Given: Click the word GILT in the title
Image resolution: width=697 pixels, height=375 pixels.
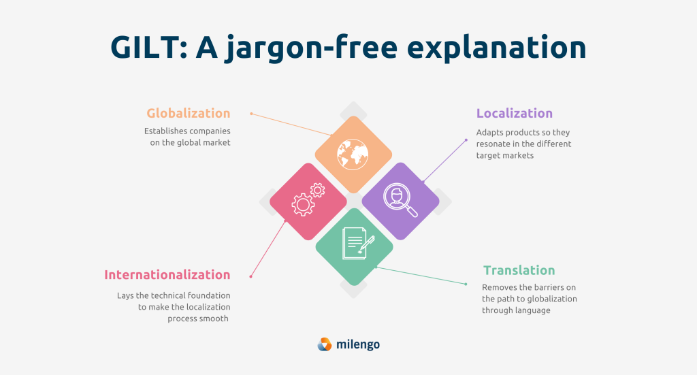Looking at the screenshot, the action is pos(145,47).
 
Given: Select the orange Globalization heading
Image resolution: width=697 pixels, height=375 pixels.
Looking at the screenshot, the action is pos(189,113).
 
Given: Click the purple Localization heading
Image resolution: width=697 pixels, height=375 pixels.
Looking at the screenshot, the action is pos(515,113).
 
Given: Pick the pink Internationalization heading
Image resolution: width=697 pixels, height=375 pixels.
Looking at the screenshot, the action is pos(167,274).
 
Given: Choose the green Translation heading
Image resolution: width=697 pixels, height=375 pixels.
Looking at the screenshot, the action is pos(519,270).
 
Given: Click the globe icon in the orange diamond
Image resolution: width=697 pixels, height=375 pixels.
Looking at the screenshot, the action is pos(353,154).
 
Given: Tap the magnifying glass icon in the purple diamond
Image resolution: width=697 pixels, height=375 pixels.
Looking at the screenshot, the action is pos(400,200).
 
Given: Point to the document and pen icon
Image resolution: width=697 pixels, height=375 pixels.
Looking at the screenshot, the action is pos(358,243).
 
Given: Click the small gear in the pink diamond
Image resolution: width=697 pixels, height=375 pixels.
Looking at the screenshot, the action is pos(317,190).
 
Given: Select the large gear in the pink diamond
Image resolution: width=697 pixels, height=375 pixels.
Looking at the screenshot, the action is pos(303,205).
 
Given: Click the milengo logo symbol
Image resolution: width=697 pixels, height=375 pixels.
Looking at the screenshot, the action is pos(325,344).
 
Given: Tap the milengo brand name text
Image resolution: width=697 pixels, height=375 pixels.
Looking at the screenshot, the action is pos(358,345).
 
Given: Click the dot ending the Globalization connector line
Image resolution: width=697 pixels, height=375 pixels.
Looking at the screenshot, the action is pos(251,114).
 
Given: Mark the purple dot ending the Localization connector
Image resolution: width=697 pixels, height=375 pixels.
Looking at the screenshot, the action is pos(466,140).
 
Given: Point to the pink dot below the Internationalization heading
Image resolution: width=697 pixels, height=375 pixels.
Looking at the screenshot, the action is pos(250,277).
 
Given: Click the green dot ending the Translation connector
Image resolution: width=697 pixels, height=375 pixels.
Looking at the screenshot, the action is pos(466,284).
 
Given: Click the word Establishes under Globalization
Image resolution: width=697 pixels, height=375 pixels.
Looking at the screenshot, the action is pos(166,131).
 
